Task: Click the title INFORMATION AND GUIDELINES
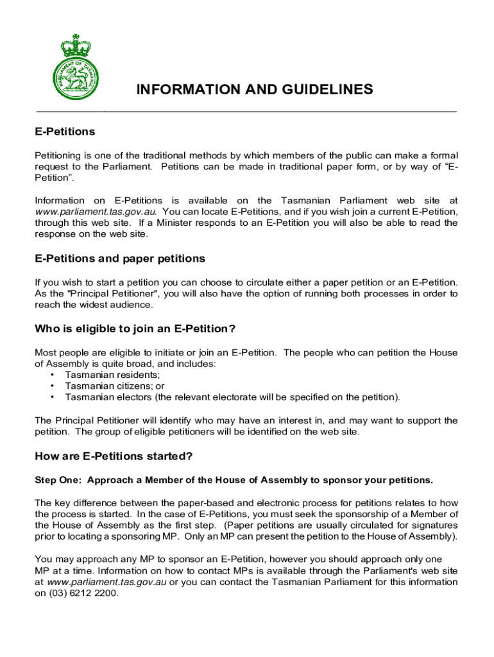coord(254,90)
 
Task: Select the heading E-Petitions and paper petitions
coord(120,259)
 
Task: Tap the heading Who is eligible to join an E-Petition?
coord(135,329)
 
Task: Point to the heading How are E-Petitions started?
coord(114,457)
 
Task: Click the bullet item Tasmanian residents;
coord(112,375)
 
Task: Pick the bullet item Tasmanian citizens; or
coord(115,386)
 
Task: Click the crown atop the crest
coord(76,45)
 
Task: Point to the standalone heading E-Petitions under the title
coord(65,132)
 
